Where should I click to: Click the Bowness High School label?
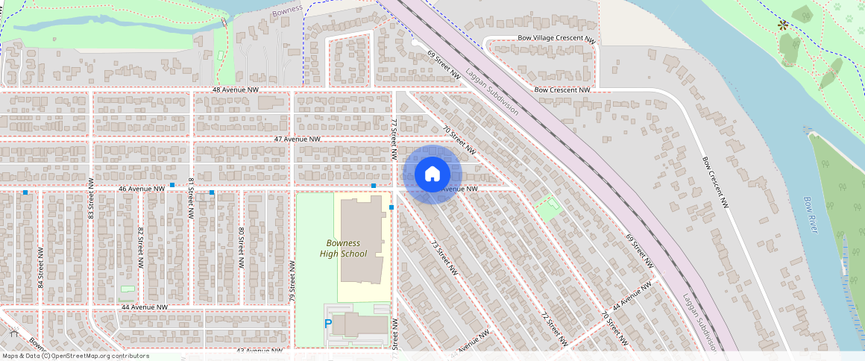(343, 248)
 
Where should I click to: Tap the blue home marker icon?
(432, 175)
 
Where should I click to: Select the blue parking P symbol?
(328, 324)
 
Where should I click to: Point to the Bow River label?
(811, 215)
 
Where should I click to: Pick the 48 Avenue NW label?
(235, 90)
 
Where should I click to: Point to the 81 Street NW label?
(191, 198)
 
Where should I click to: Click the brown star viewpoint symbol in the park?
(783, 25)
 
